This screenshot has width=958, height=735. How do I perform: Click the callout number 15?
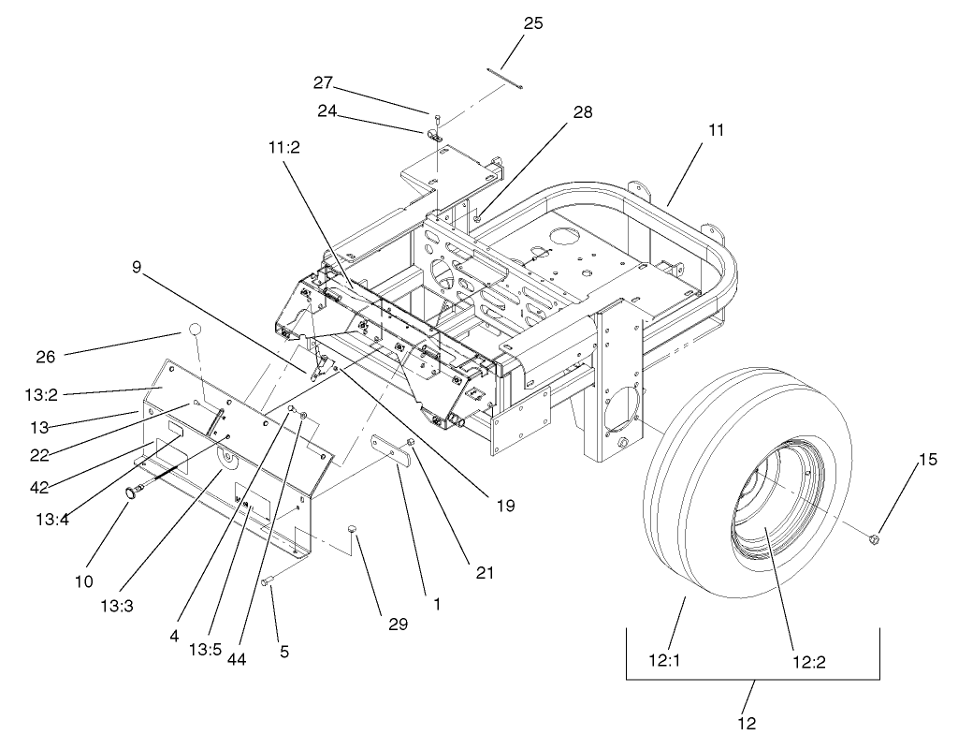(926, 459)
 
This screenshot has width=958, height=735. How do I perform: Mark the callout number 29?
(399, 623)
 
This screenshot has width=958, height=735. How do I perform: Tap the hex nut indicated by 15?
(873, 539)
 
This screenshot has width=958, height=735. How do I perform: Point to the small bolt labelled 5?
(268, 583)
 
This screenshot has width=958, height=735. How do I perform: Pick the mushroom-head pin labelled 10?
(135, 491)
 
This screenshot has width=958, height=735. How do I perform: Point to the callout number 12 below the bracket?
(746, 723)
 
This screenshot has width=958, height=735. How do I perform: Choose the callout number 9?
(136, 267)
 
